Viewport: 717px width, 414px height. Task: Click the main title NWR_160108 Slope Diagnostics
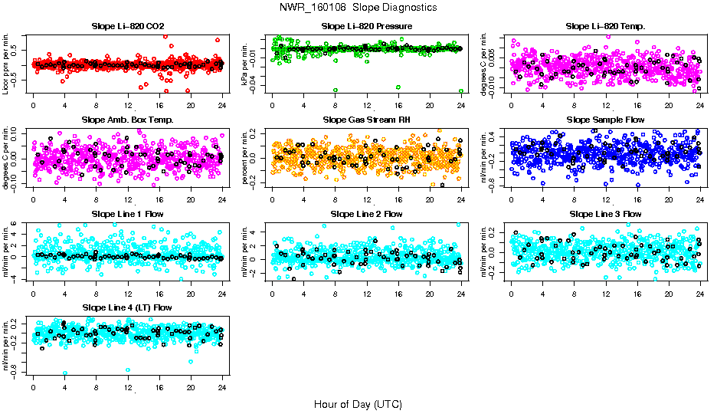pos(358,7)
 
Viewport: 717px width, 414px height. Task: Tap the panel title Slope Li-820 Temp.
pos(605,26)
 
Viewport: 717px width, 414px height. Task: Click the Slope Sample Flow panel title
pos(605,120)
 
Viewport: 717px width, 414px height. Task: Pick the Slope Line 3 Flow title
pos(605,214)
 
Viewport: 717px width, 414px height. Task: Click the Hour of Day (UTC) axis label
pos(358,404)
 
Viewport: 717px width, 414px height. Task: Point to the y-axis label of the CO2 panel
pos(6,64)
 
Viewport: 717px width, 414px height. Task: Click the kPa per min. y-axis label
pos(247,64)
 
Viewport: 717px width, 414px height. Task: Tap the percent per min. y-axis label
pos(247,157)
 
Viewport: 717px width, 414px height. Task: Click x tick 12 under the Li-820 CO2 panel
pos(128,105)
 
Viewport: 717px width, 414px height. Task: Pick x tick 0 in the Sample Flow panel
pos(512,199)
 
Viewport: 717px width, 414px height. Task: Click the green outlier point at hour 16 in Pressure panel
pos(398,87)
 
